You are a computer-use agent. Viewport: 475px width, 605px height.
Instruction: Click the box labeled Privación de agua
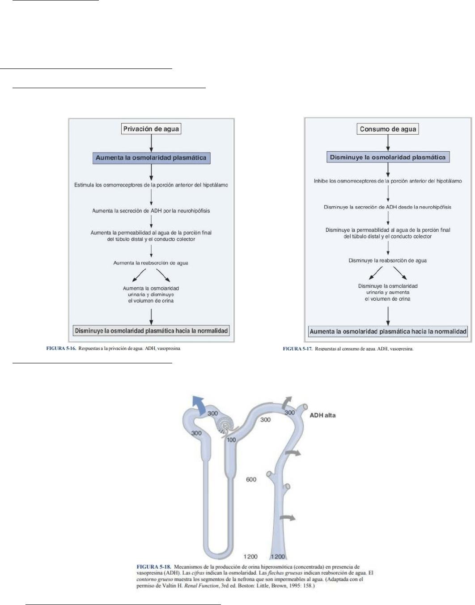pyautogui.click(x=151, y=129)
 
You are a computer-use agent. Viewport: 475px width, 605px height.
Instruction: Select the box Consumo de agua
pyautogui.click(x=388, y=129)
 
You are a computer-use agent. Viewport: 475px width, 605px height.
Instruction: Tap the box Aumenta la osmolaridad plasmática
pyautogui.click(x=151, y=158)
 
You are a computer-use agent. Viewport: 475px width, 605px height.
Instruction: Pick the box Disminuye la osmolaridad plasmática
pyautogui.click(x=388, y=158)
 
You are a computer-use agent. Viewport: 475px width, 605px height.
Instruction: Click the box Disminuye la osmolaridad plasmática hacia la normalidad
pyautogui.click(x=151, y=331)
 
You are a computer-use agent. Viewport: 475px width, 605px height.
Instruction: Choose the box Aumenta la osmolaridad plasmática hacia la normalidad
pyautogui.click(x=388, y=332)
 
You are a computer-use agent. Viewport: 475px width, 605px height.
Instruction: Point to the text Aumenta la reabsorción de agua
pyautogui.click(x=151, y=263)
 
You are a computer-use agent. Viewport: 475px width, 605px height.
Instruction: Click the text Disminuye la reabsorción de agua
pyautogui.click(x=388, y=260)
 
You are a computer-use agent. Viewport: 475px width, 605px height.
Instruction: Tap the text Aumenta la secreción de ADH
pyautogui.click(x=151, y=211)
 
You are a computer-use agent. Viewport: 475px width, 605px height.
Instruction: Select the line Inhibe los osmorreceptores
pyautogui.click(x=388, y=181)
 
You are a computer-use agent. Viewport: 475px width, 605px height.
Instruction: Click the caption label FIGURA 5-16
pyautogui.click(x=61, y=349)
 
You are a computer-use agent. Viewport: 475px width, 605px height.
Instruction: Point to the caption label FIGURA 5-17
pyautogui.click(x=297, y=349)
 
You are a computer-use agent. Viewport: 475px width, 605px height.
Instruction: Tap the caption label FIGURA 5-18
pyautogui.click(x=153, y=567)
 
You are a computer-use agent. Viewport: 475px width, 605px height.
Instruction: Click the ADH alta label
pyautogui.click(x=322, y=415)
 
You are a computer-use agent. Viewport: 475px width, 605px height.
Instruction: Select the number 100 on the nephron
pyautogui.click(x=231, y=440)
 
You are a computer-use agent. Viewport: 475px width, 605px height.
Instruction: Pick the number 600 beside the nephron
pyautogui.click(x=251, y=480)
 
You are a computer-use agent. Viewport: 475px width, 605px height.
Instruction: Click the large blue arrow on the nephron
pyautogui.click(x=198, y=405)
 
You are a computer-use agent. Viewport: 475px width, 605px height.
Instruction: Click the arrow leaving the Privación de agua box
pyautogui.click(x=151, y=143)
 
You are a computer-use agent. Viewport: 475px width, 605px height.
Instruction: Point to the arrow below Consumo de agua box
pyautogui.click(x=388, y=143)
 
